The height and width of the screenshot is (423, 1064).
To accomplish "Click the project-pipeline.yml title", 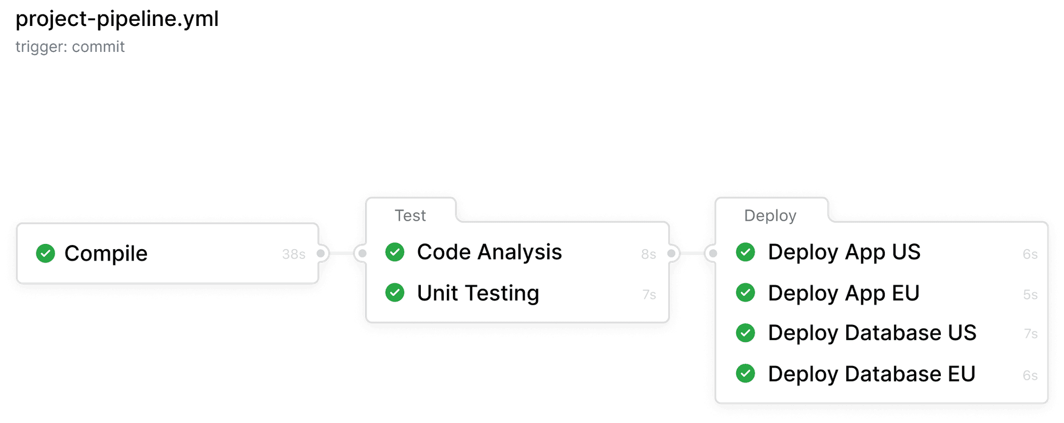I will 117,19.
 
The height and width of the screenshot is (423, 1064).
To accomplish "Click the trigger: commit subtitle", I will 70,47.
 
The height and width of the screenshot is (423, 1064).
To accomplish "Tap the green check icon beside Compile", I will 46,253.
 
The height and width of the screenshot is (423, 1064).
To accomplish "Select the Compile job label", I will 106,253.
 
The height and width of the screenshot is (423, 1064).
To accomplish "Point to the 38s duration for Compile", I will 294,254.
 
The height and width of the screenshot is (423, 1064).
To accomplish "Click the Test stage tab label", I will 410,215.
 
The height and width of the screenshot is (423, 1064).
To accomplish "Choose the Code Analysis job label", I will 489,252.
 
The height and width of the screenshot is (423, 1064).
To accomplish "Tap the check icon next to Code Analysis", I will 395,252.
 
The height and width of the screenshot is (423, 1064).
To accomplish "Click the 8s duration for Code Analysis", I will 648,254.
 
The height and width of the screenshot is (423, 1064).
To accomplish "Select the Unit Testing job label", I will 478,293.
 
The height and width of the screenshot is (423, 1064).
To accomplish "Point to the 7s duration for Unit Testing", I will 649,295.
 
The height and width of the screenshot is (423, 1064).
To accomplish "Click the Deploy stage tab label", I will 770,215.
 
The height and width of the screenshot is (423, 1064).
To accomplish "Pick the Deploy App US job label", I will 844,252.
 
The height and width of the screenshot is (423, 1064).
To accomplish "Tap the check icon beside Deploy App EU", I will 746,293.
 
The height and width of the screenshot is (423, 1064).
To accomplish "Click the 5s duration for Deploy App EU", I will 1030,295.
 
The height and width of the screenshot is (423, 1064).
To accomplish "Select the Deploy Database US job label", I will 872,333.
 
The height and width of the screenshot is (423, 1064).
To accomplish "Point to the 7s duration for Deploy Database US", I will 1031,334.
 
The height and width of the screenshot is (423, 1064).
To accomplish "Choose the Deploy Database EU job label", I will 872,374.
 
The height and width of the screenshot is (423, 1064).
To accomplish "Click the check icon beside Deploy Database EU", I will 746,373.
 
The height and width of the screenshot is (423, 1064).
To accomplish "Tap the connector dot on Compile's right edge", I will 321,253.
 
